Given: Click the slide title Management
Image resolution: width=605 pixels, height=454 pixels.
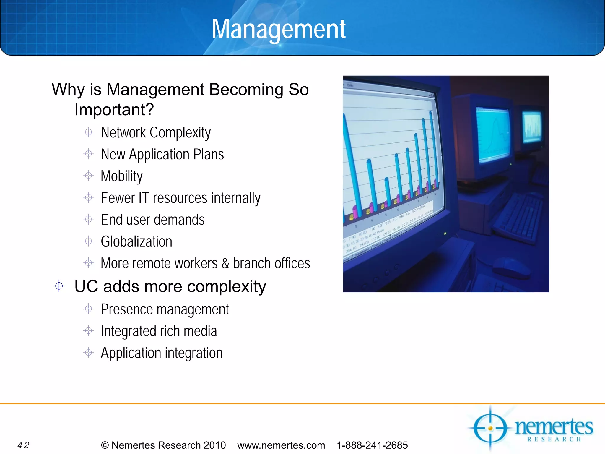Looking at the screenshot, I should pyautogui.click(x=279, y=29).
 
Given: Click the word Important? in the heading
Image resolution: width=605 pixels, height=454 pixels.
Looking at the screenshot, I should pyautogui.click(x=114, y=110).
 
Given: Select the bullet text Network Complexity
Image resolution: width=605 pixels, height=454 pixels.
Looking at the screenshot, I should pyautogui.click(x=156, y=132).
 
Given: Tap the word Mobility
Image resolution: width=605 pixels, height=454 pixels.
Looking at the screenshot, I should pyautogui.click(x=121, y=176).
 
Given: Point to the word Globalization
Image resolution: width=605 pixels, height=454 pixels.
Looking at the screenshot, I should pyautogui.click(x=136, y=241).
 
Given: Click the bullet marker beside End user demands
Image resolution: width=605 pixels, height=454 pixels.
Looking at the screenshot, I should pyautogui.click(x=88, y=219).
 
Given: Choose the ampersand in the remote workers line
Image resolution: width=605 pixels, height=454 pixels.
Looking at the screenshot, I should pyautogui.click(x=225, y=263).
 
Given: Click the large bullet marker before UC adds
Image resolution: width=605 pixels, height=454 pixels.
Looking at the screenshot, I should pyautogui.click(x=59, y=286).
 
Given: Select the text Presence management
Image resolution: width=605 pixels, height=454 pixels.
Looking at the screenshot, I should pyautogui.click(x=165, y=309).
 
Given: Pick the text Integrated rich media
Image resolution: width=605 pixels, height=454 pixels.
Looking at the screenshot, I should pyautogui.click(x=159, y=331).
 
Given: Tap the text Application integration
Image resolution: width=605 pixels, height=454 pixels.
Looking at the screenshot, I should pyautogui.click(x=162, y=353).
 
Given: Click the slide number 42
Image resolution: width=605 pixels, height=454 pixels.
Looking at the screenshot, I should pyautogui.click(x=23, y=445).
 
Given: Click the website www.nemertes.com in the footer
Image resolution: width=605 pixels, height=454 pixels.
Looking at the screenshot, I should pyautogui.click(x=281, y=445).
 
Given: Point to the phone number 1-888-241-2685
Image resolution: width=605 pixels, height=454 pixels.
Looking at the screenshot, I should pyautogui.click(x=372, y=445).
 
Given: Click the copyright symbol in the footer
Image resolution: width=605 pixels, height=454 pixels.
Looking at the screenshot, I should pyautogui.click(x=105, y=445).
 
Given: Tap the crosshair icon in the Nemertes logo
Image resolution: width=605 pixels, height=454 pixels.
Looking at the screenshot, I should pyautogui.click(x=490, y=428).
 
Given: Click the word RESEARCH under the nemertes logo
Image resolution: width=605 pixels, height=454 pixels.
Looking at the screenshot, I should pyautogui.click(x=554, y=439).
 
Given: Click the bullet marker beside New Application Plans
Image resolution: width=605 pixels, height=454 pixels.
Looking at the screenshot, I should pyautogui.click(x=88, y=154).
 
